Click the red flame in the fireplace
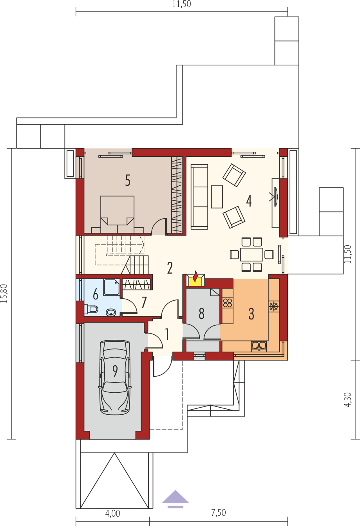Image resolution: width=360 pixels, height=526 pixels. pos(195,276)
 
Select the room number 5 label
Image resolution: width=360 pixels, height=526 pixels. pos(127,181)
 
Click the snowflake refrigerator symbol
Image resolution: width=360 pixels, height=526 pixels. pos(274,307)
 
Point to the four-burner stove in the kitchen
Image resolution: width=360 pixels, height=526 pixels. pos(228,303)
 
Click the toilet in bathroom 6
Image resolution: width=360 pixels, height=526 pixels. pos(91,309)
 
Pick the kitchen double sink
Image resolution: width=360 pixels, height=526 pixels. pos(259,346)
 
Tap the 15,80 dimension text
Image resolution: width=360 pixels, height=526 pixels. pos(4,293)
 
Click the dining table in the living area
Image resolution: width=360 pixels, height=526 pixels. pos(251,254)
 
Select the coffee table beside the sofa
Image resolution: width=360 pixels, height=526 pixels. pos(217,197)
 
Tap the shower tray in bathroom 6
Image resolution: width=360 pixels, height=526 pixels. pos(112,287)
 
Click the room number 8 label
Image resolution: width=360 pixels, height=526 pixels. pos(201,314)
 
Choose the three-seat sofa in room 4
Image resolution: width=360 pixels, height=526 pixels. pos(199,197)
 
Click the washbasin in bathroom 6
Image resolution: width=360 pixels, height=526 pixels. pos(111,312)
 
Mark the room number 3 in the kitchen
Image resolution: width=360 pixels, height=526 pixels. pos(251,314)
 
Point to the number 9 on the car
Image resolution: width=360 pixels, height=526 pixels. pos(115,371)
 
